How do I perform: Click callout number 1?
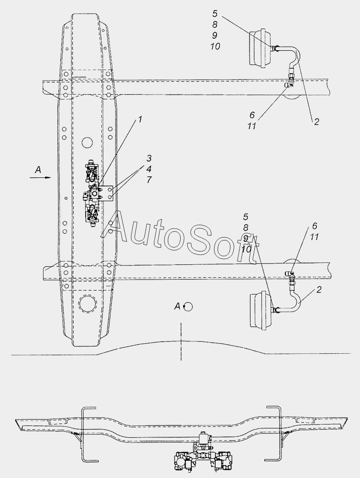pyautogui.click(x=140, y=119)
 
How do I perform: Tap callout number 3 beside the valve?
pyautogui.click(x=149, y=158)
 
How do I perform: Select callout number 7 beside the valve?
pyautogui.click(x=149, y=180)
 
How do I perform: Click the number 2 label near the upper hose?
pyautogui.click(x=316, y=121)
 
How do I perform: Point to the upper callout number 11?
pyautogui.click(x=252, y=126)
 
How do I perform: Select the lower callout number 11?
pyautogui.click(x=314, y=237)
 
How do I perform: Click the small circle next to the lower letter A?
pyautogui.click(x=188, y=307)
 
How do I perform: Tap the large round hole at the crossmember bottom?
pyautogui.click(x=88, y=304)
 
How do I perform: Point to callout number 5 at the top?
pyautogui.click(x=215, y=14)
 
